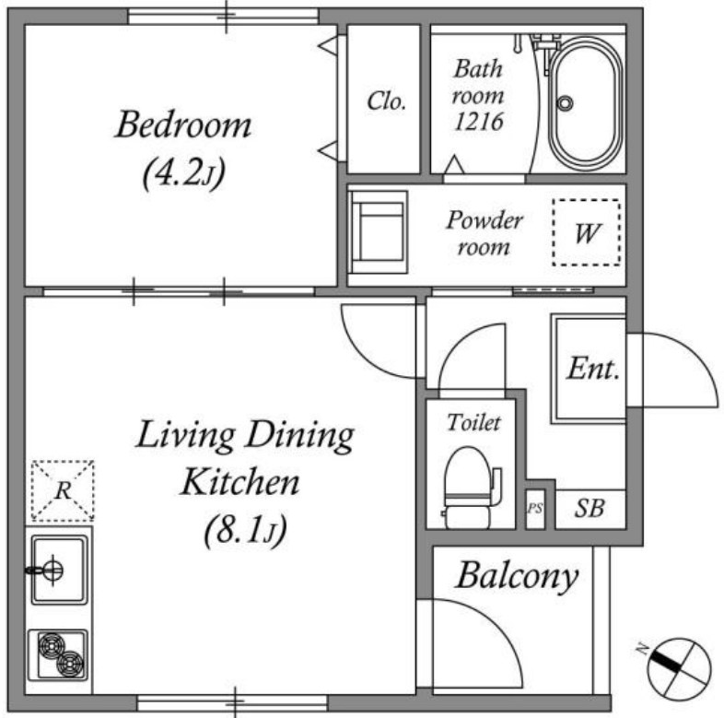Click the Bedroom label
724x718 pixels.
tap(183, 124)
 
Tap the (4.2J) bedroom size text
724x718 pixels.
tap(184, 173)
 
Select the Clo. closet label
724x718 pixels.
tap(387, 100)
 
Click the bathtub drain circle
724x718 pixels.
tap(566, 103)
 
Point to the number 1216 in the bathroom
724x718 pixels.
tap(478, 122)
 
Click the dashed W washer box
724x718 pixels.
tap(587, 232)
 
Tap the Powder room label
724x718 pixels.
tap(485, 233)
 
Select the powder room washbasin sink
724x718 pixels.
tap(378, 232)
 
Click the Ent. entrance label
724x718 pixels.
tap(593, 369)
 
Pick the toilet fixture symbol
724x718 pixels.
tap(471, 488)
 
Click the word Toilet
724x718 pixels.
tap(473, 422)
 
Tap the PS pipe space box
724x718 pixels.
tap(535, 509)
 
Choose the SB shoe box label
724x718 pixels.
tap(590, 508)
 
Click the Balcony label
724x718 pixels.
tap(517, 576)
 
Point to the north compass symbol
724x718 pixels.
tap(676, 668)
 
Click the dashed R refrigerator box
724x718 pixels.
tap(63, 490)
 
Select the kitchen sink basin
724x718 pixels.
tap(59, 570)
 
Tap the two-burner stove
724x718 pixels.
tap(58, 654)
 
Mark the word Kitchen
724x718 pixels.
tap(240, 482)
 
